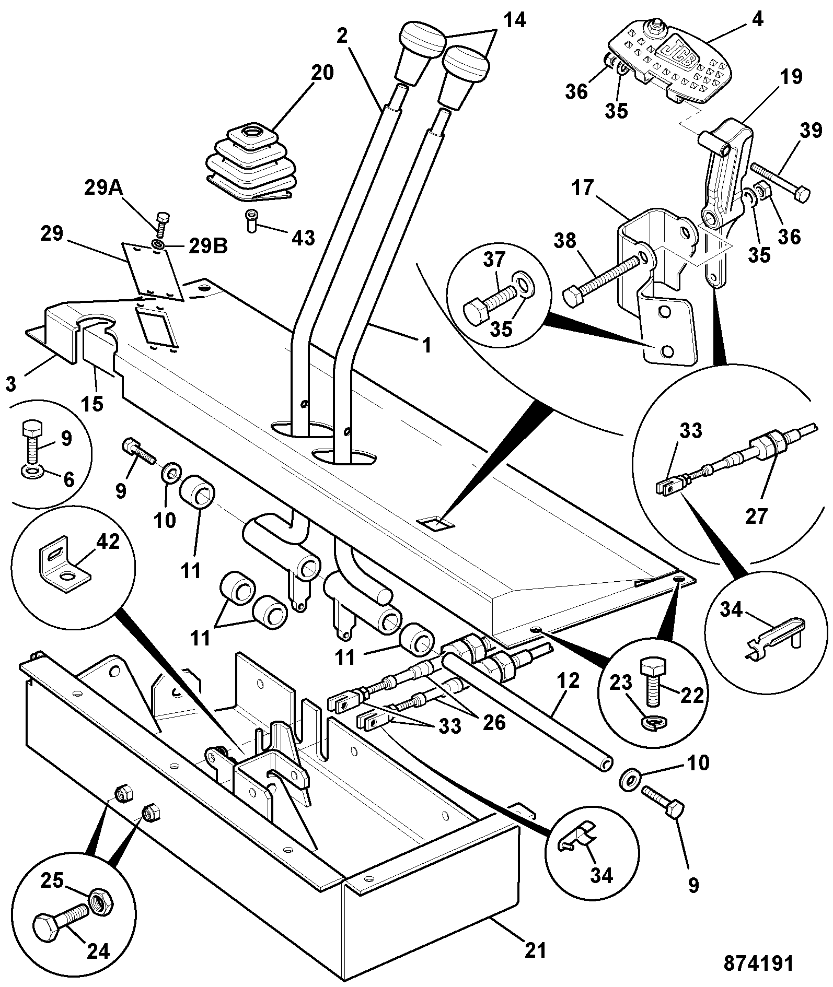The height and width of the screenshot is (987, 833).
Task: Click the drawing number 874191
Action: pyautogui.click(x=758, y=963)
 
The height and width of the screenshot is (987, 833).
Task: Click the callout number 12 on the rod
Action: pyautogui.click(x=569, y=681)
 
